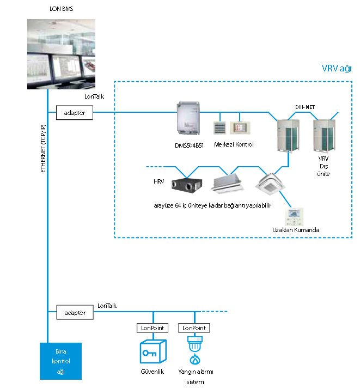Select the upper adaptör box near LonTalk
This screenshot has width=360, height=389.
click(x=75, y=113)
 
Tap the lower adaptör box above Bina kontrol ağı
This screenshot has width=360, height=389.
click(x=75, y=313)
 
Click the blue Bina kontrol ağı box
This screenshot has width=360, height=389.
click(x=60, y=361)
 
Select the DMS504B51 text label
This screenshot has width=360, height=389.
click(x=186, y=145)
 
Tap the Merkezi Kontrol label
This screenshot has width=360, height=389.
click(x=234, y=144)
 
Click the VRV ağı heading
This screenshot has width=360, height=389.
click(x=336, y=69)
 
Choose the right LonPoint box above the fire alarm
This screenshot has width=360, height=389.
click(x=194, y=328)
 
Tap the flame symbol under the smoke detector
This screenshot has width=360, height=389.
click(x=194, y=360)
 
